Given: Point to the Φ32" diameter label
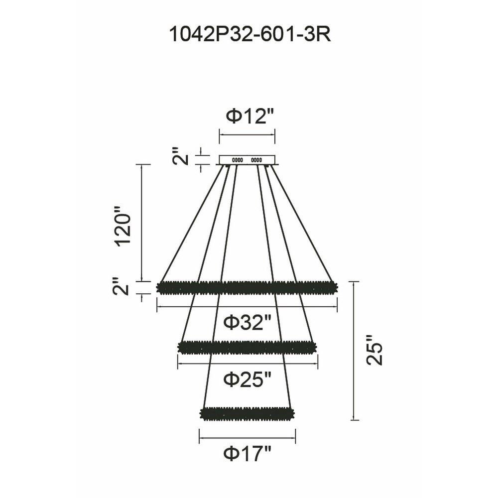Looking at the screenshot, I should pyautogui.click(x=247, y=323).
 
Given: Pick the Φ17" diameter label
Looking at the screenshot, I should pyautogui.click(x=248, y=454).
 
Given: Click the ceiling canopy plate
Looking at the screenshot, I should pyautogui.click(x=247, y=160).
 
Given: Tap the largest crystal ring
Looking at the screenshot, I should pyautogui.click(x=247, y=287).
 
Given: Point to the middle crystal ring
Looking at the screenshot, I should pyautogui.click(x=247, y=347).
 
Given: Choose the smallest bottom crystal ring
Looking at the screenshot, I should pyautogui.click(x=247, y=413).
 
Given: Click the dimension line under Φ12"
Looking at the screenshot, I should pyautogui.click(x=247, y=134).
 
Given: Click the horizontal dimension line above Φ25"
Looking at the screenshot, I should pyautogui.click(x=247, y=364).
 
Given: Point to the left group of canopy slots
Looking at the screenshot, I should pyautogui.click(x=237, y=160).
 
